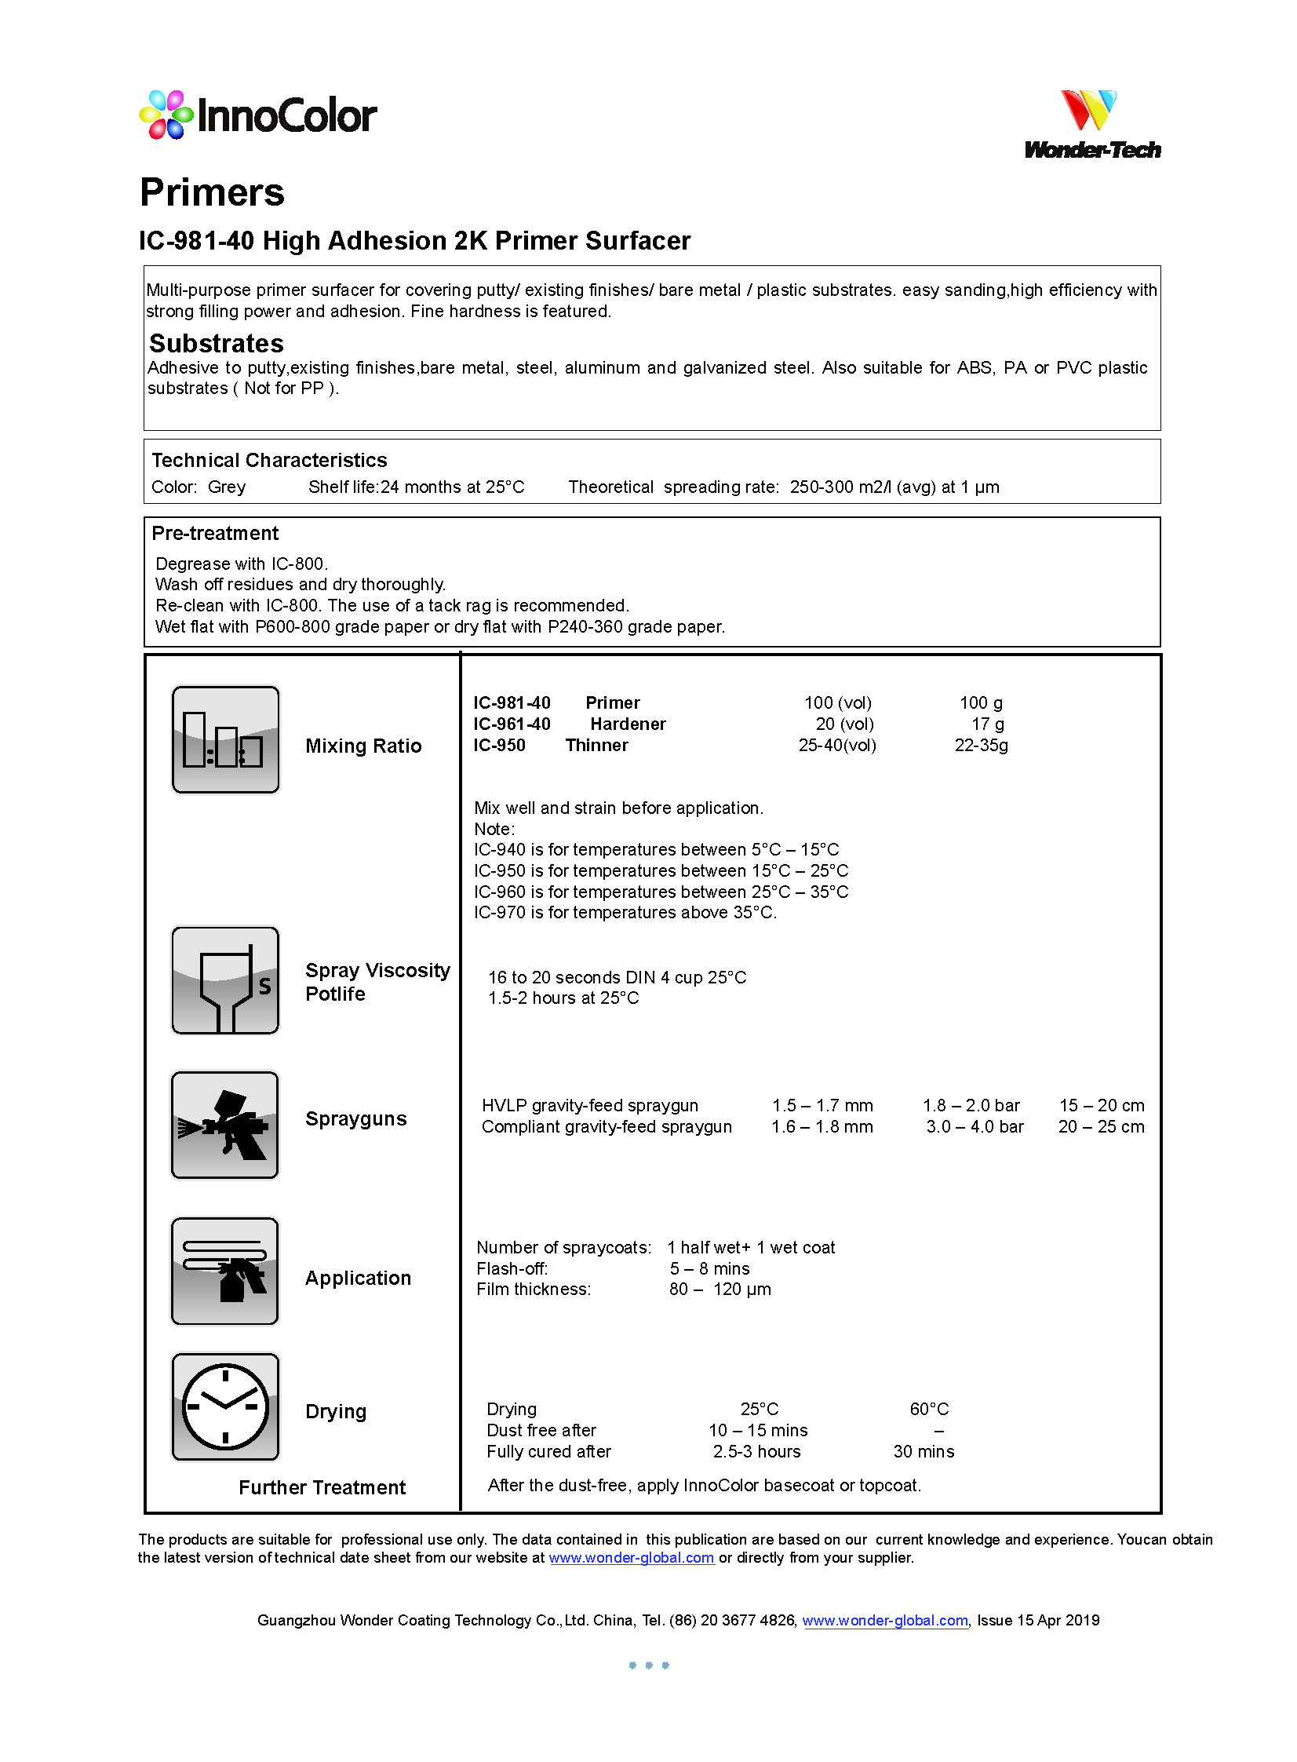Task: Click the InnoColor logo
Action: click(x=257, y=115)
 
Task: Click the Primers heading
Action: click(x=212, y=192)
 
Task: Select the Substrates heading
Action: click(x=216, y=343)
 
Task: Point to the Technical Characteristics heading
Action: click(x=269, y=460)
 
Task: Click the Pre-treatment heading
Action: click(x=215, y=533)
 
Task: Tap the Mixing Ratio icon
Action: click(x=225, y=739)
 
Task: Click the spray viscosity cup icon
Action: click(x=225, y=980)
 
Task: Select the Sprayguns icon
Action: click(x=225, y=1125)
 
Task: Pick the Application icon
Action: click(x=225, y=1271)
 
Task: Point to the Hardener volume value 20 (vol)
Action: click(x=844, y=724)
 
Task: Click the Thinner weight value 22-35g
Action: click(x=981, y=745)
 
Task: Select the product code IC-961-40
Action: click(x=511, y=724)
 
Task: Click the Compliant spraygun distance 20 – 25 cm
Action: click(x=1101, y=1127)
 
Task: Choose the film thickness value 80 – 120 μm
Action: click(x=720, y=1290)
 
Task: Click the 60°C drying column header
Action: click(x=929, y=1410)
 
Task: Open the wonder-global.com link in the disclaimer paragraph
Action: click(x=631, y=1558)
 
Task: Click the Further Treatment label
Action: click(x=322, y=1488)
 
